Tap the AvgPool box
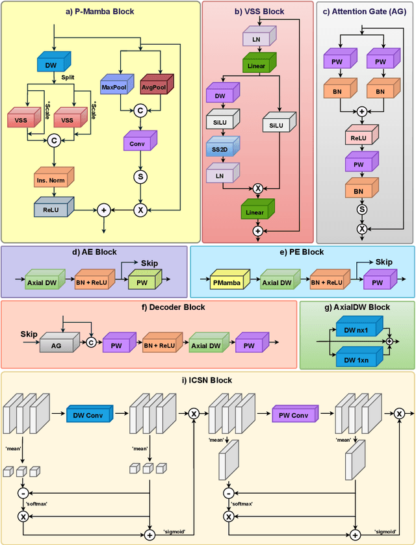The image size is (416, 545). pyautogui.click(x=153, y=86)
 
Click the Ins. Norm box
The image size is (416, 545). pyautogui.click(x=53, y=179)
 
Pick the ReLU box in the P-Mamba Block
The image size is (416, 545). pyautogui.click(x=53, y=209)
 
